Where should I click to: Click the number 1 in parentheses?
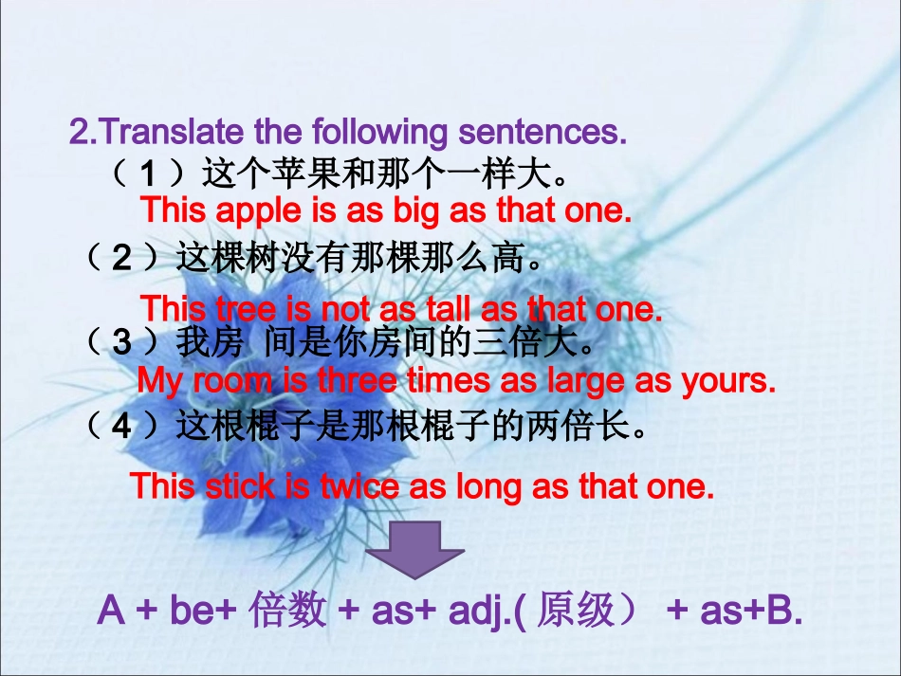pos(147,174)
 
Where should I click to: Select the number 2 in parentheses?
pos(122,258)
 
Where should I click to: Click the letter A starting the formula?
pos(111,612)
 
